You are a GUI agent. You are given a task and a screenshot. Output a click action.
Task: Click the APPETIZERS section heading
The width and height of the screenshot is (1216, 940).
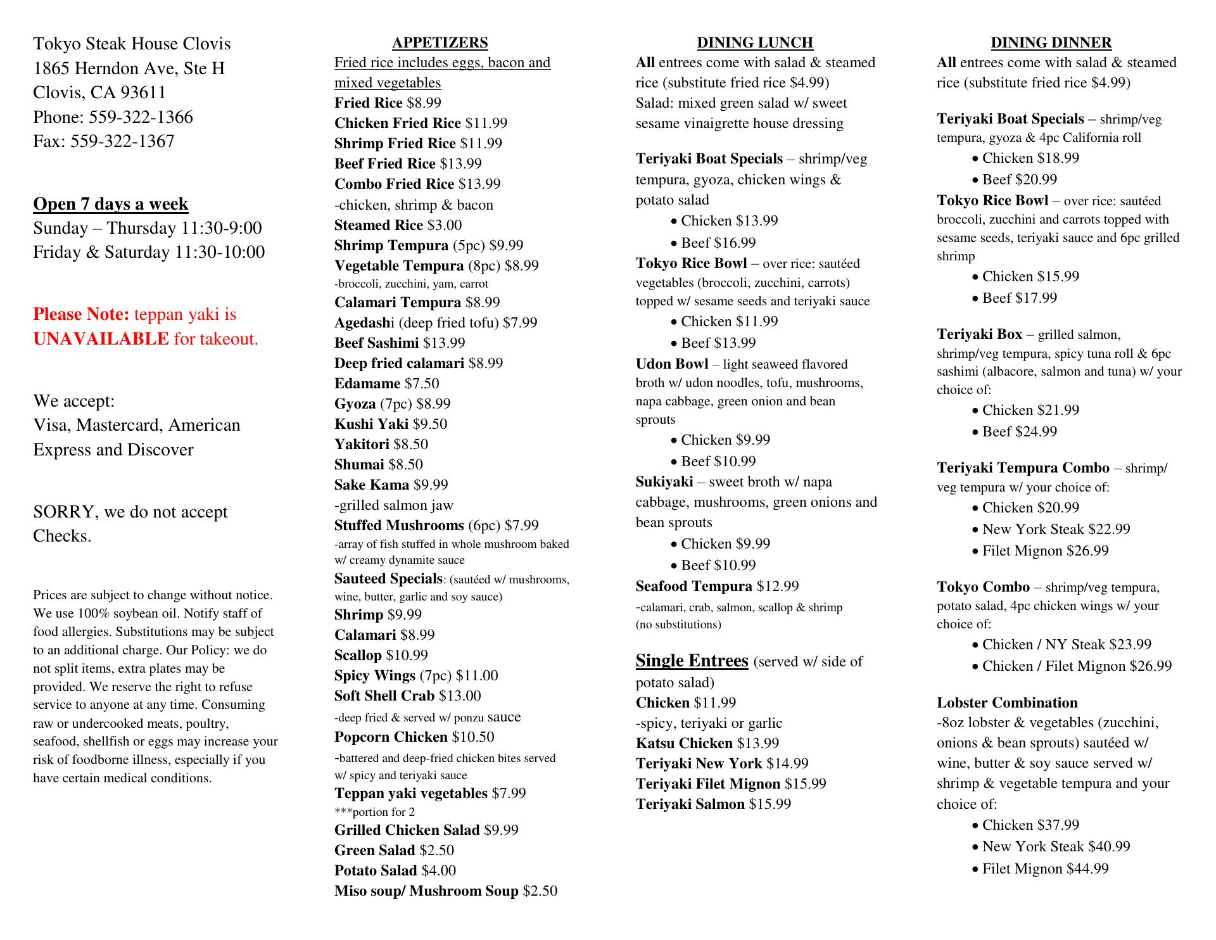click(440, 43)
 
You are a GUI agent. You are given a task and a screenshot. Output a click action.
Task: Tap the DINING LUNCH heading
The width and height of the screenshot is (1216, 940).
click(755, 43)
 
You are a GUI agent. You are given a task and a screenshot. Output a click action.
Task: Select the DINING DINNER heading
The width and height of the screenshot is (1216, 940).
click(1051, 43)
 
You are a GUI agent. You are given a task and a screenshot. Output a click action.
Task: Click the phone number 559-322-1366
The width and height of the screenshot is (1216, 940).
click(141, 117)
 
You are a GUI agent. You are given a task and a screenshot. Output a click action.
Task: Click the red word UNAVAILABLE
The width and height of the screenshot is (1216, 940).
click(101, 340)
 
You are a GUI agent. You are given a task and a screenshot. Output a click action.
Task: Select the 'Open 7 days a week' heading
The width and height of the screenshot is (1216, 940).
click(111, 204)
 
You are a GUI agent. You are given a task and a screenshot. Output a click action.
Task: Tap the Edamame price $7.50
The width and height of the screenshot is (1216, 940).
click(422, 384)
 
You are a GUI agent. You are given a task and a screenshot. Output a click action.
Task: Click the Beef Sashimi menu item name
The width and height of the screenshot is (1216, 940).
click(377, 343)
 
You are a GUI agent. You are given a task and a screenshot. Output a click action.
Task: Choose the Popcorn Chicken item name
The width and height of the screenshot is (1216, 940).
click(391, 737)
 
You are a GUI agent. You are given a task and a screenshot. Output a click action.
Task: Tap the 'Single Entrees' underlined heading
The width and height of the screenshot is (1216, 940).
click(692, 661)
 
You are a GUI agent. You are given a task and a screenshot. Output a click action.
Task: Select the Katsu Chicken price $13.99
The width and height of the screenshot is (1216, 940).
click(758, 744)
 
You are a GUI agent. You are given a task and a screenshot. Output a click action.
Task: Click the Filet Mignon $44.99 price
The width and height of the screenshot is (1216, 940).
click(1087, 869)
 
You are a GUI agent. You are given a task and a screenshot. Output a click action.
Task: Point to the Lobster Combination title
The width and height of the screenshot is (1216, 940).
click(1006, 703)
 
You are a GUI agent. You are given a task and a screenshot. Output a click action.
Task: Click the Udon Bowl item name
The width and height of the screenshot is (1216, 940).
click(671, 364)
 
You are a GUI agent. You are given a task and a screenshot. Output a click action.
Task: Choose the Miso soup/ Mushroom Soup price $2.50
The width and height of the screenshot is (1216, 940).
click(540, 891)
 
